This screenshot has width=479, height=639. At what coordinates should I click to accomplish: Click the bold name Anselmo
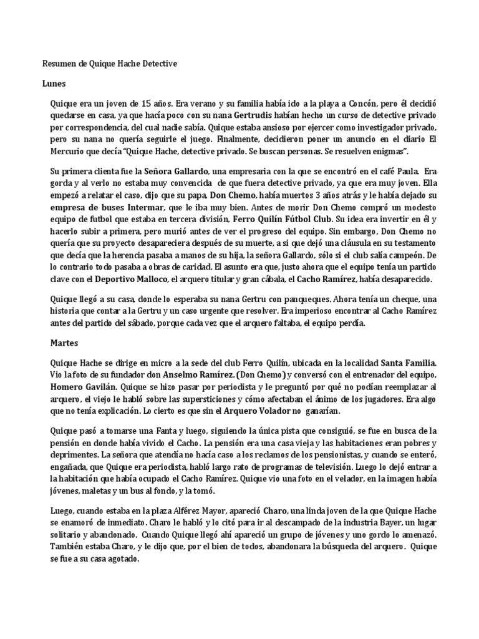tap(179, 375)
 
